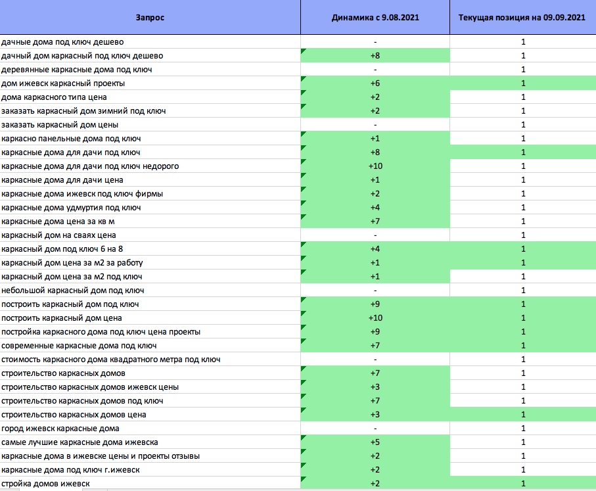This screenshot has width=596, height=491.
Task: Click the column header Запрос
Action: point(150,18)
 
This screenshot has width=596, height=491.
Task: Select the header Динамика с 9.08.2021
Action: point(375,18)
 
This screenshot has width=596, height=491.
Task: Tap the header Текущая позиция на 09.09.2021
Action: point(522,18)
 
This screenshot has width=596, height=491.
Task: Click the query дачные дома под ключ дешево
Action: point(62,42)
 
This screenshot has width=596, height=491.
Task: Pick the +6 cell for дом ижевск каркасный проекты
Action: point(375,83)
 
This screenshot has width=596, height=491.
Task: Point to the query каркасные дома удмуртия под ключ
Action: point(71,208)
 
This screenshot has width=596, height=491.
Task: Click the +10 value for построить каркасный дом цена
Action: point(376,318)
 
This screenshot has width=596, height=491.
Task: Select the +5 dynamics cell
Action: point(375,442)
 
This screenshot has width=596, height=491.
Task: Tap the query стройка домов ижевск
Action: point(45,484)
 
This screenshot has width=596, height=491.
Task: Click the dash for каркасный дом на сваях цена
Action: point(375,235)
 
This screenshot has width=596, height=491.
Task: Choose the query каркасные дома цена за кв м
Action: point(58,222)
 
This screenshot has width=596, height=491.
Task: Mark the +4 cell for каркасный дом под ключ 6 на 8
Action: point(375,249)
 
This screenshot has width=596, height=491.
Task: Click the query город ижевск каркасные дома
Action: point(60,429)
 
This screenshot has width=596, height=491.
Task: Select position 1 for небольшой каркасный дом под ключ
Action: point(524,291)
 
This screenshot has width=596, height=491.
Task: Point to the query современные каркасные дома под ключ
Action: point(79,346)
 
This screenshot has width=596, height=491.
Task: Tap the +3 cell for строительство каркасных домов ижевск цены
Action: point(375,387)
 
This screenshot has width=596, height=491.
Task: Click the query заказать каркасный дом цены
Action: point(60,125)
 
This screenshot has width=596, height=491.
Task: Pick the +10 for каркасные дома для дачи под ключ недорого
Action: point(376,166)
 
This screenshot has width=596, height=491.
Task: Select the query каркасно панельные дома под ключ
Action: point(71,139)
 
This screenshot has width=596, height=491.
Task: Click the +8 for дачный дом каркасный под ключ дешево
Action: point(375,55)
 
